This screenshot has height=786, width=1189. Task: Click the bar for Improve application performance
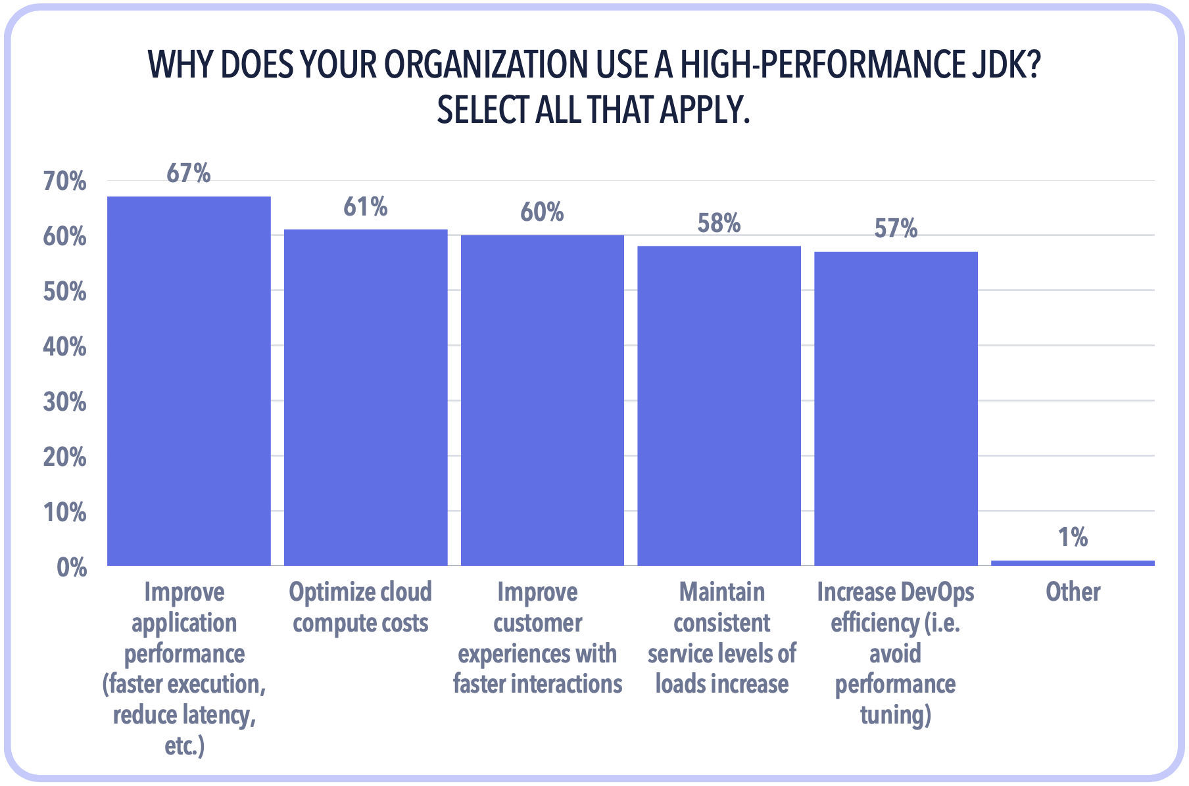coord(189,381)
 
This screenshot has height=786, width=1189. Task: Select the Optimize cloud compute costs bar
coord(366,398)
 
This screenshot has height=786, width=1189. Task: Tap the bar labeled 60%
coord(542,400)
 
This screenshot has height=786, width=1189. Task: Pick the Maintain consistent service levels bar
coord(719,405)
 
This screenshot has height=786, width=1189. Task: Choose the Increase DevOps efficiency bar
coord(896,408)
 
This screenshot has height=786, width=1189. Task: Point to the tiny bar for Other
coord(1073,563)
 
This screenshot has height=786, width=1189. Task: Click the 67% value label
coord(189,173)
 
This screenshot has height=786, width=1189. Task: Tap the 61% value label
coord(366,207)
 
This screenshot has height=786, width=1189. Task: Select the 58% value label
coord(719,224)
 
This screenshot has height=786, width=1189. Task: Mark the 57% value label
coord(896,229)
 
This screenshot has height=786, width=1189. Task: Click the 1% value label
coord(1073,538)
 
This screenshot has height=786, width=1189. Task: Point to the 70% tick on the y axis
coord(64,182)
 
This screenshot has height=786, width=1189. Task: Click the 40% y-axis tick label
coord(64,347)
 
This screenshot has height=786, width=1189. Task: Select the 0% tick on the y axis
coord(71,568)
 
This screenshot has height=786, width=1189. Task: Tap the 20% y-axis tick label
coord(64,457)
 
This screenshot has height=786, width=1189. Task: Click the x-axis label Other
coord(1073,592)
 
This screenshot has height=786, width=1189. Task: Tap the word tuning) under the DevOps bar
coord(896,715)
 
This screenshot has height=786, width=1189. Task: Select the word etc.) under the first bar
coord(185,746)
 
